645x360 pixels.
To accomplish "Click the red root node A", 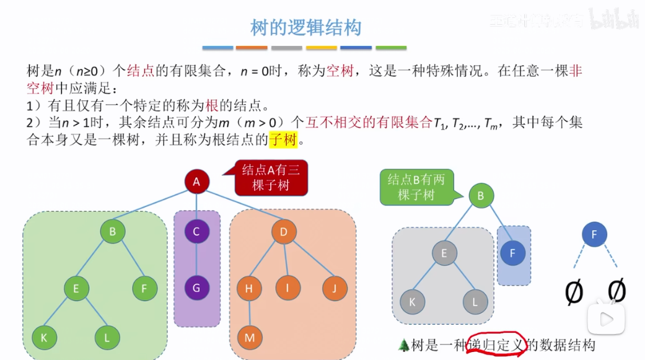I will click(196, 182).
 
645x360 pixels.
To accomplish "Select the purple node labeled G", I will click(196, 288).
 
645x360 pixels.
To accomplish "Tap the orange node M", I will click(250, 338).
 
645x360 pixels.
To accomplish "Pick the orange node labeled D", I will click(284, 232).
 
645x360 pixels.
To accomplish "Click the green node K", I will click(44, 338).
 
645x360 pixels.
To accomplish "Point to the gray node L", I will click(475, 302).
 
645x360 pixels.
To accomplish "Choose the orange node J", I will click(335, 288).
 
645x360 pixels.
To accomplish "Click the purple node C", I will click(196, 232).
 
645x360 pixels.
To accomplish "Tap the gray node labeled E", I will click(444, 253).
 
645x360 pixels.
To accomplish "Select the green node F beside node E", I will click(144, 288).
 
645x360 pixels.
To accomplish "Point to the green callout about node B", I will click(416, 187).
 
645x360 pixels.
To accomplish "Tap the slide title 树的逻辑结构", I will click(305, 27).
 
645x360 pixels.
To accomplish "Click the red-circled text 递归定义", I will click(498, 345).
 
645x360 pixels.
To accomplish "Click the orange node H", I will click(249, 288).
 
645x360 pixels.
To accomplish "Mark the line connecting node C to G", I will click(196, 260).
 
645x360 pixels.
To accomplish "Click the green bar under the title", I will click(391, 48).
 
